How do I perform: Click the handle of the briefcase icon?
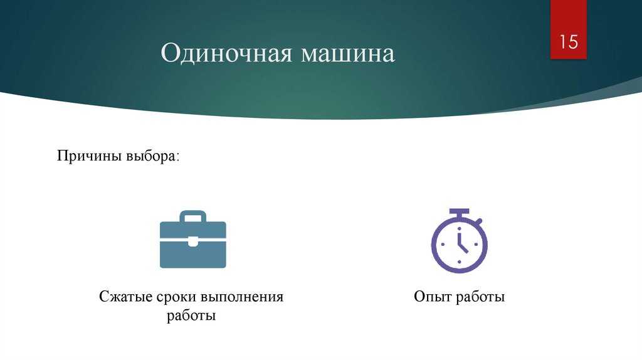click(x=192, y=216)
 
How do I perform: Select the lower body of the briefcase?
click(x=192, y=256)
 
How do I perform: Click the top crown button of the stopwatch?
click(x=459, y=211)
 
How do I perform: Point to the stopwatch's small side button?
click(x=479, y=220)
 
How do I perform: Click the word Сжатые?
click(x=124, y=297)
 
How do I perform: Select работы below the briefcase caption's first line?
click(x=191, y=315)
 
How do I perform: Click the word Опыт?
click(x=430, y=297)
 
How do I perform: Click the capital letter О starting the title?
click(x=170, y=54)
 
